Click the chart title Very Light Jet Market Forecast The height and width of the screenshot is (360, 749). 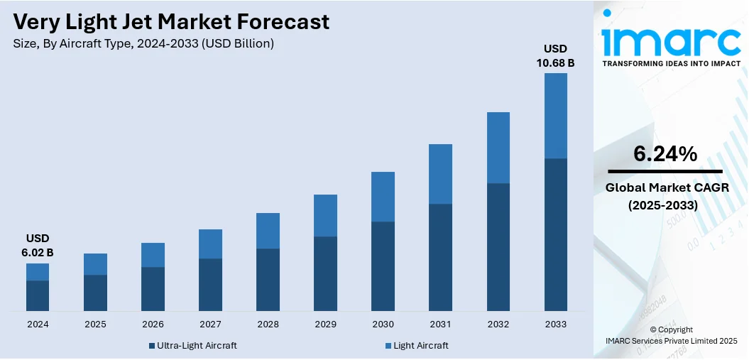pyautogui.click(x=171, y=22)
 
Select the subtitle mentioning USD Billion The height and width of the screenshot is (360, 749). pyautogui.click(x=143, y=44)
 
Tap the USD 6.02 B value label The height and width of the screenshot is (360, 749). pyautogui.click(x=37, y=245)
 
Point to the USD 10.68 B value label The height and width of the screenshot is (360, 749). pyautogui.click(x=555, y=55)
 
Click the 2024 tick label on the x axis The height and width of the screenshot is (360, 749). pyautogui.click(x=38, y=324)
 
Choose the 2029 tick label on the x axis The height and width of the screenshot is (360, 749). pyautogui.click(x=325, y=324)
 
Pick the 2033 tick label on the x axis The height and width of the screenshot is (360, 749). pyautogui.click(x=556, y=324)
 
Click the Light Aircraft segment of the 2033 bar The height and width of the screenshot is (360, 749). pyautogui.click(x=556, y=116)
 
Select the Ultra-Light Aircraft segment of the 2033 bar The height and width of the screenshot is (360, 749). pyautogui.click(x=556, y=234)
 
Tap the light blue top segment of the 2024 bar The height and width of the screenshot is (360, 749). pyautogui.click(x=38, y=272)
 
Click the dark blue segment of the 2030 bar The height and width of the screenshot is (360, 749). pyautogui.click(x=383, y=266)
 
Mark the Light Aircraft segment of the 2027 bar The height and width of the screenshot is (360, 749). pyautogui.click(x=210, y=244)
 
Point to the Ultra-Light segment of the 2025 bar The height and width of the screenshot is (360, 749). pyautogui.click(x=95, y=293)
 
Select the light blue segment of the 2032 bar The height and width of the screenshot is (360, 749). pyautogui.click(x=498, y=148)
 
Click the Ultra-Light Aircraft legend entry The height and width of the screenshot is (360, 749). pyautogui.click(x=193, y=346)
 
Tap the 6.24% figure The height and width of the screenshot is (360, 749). pyautogui.click(x=665, y=154)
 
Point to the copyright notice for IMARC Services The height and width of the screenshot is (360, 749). pyautogui.click(x=671, y=335)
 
